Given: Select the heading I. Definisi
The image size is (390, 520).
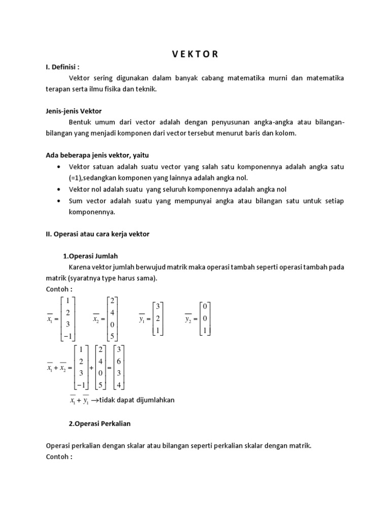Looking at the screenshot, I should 63,67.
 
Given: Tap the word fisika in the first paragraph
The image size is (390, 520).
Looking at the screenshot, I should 119,89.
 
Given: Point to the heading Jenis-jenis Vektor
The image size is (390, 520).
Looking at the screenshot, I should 74,110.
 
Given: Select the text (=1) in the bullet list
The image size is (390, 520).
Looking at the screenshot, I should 77,177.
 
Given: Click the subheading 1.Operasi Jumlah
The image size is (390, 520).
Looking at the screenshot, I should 93,255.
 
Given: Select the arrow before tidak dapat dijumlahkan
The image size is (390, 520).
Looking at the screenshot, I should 94,400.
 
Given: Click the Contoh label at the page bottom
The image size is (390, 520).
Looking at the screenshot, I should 59,456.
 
